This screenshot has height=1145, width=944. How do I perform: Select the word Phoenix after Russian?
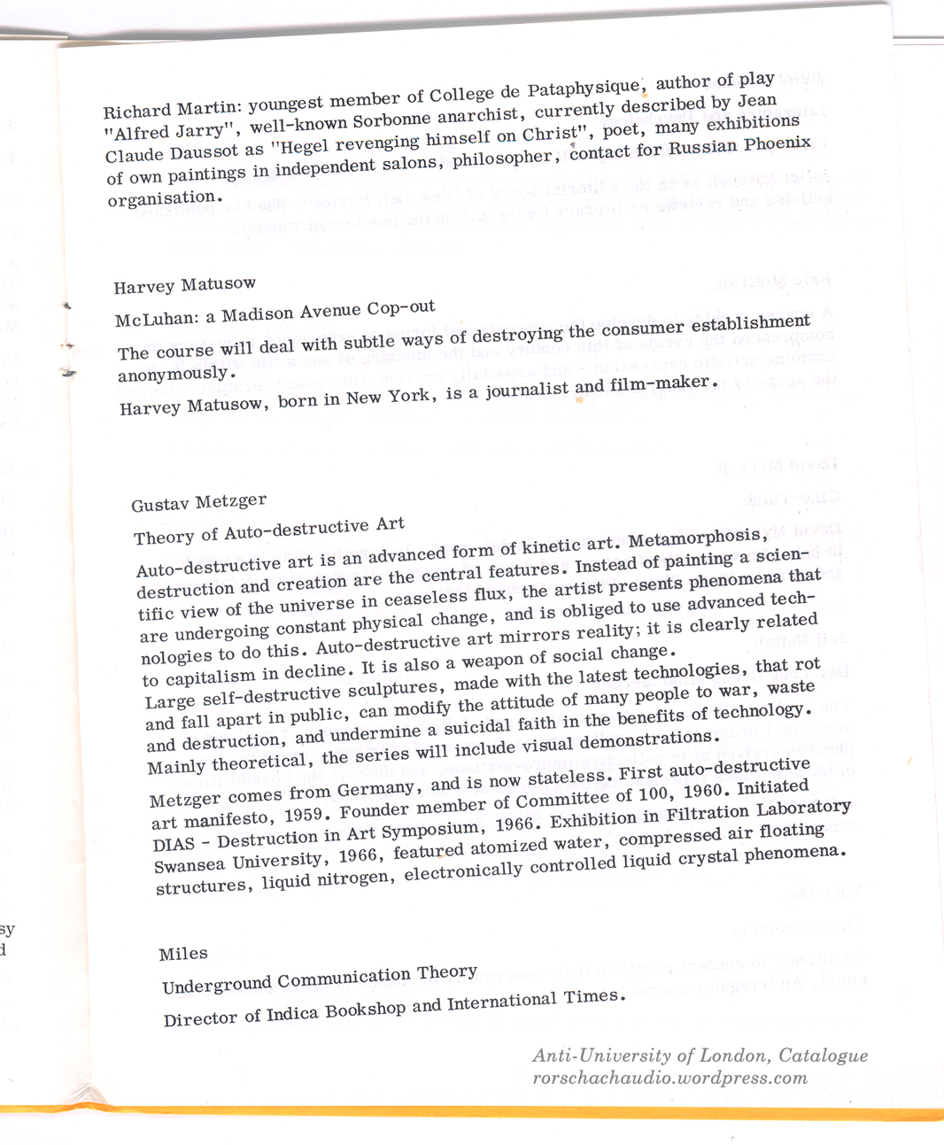click(778, 143)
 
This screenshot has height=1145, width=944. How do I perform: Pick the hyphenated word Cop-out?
click(401, 308)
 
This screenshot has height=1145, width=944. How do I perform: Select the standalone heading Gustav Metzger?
click(198, 503)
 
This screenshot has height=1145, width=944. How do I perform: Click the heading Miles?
click(183, 954)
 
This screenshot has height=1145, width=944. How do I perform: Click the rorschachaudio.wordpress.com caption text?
click(669, 1079)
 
